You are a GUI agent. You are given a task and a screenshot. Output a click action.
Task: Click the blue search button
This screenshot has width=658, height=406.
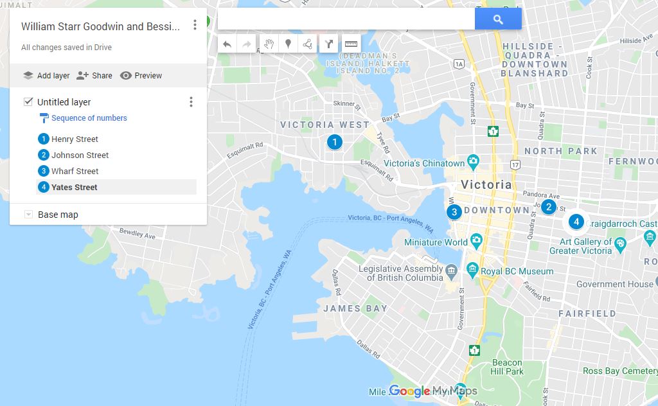pos(498,19)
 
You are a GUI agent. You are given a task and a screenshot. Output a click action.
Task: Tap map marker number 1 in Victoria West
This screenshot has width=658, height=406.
pos(334,142)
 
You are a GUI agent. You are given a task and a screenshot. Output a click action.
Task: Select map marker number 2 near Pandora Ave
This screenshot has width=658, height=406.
pos(548,207)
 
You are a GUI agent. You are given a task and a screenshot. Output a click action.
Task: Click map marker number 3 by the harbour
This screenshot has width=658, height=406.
pos(454,212)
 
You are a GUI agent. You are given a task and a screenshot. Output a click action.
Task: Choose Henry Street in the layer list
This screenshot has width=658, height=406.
pos(75,139)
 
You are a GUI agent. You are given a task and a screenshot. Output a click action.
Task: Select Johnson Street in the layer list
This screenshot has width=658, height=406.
pos(80,155)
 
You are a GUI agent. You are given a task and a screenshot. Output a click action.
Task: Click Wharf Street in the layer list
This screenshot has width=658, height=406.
pos(75,171)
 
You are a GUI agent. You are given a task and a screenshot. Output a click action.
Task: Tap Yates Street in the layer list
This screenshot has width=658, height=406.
pos(75,187)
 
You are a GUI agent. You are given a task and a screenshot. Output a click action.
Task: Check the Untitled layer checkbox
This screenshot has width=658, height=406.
pos(28,101)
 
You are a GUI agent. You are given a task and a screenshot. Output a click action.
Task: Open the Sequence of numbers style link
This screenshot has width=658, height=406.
pos(89,118)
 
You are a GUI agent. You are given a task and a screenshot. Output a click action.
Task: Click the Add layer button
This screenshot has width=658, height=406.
pos(46,75)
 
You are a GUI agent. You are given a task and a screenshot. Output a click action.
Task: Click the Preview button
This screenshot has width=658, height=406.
pos(141,75)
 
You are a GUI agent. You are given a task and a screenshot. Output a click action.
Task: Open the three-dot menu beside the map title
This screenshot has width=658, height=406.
pos(195,25)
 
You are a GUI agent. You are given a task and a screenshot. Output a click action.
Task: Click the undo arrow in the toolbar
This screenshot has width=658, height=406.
pos(227,44)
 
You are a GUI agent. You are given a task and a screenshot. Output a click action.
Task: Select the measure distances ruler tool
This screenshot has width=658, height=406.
pos(351,44)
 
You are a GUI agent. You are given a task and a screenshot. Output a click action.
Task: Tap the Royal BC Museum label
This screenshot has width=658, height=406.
pos(517,271)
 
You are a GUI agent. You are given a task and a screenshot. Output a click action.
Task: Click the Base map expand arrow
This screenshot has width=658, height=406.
pos(28,215)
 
